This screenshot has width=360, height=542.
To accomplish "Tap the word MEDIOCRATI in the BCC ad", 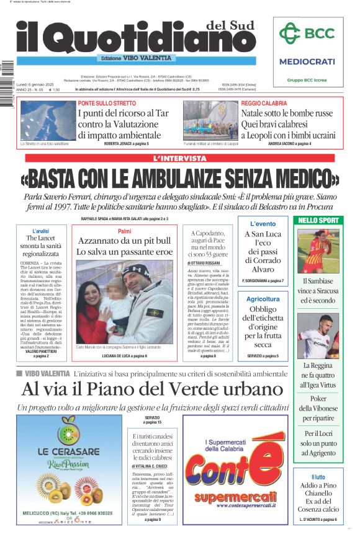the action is tap(307, 61).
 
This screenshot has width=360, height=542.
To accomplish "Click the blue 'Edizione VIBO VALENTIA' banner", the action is tap(137, 58).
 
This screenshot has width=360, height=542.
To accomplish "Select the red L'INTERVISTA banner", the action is tap(179, 159).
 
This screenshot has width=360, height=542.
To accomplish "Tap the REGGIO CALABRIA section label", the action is tap(264, 103).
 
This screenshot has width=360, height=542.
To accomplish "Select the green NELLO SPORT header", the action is tap(318, 220).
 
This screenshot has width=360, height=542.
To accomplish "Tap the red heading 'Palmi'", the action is tap(124, 231).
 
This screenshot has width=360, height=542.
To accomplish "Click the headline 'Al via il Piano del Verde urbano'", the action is tap(152, 389).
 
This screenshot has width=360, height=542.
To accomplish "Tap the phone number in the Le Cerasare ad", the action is tap(91, 513).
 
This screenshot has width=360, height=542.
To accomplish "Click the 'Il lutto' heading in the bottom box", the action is tap(318, 477).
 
